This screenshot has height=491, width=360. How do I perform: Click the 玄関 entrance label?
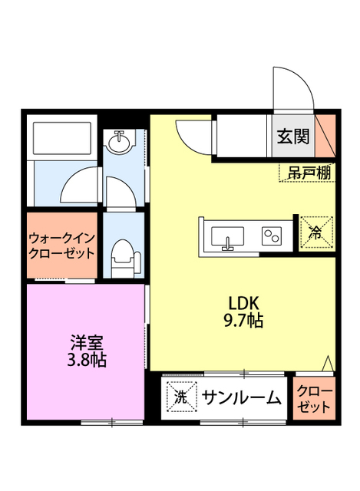pyautogui.click(x=292, y=137)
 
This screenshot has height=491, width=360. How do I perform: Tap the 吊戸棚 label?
pyautogui.click(x=306, y=173)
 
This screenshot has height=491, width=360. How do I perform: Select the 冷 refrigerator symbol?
pyautogui.click(x=315, y=234)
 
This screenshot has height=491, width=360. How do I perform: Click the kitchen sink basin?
pyautogui.click(x=227, y=236)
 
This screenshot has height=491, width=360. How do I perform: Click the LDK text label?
pyautogui.click(x=245, y=302)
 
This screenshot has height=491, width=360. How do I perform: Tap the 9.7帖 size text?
pyautogui.click(x=245, y=321)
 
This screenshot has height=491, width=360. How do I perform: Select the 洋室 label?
pyautogui.click(x=87, y=341)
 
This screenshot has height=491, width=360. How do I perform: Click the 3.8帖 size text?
pyautogui.click(x=87, y=359)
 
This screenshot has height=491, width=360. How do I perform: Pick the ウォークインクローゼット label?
pyautogui.click(x=62, y=245)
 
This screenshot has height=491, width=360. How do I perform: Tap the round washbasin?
pyautogui.click(x=120, y=142)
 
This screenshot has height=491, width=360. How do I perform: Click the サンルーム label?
pyautogui.click(x=241, y=397)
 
